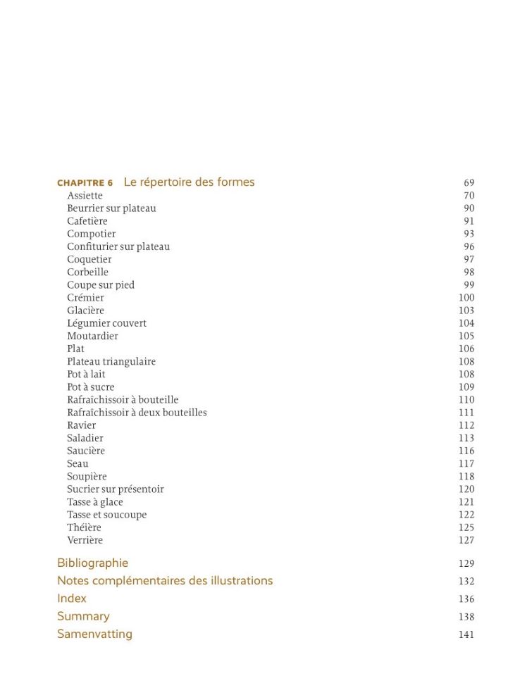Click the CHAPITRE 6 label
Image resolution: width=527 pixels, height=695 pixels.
(85, 183)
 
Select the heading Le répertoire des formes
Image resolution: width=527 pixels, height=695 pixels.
(189, 182)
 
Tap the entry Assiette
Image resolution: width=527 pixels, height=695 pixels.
(85, 196)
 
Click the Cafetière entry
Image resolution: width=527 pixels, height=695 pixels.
(87, 221)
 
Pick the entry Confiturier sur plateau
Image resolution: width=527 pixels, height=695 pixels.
(118, 246)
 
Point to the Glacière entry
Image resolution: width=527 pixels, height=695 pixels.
(85, 311)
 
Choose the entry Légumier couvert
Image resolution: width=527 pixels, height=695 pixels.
(106, 323)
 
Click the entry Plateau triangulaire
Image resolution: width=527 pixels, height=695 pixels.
(111, 362)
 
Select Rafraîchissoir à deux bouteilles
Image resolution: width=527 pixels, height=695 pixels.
(137, 413)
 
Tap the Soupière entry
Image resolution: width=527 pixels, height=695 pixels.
(87, 477)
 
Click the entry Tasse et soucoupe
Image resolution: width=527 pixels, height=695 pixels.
(106, 515)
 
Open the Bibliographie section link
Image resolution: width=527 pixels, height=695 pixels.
(92, 563)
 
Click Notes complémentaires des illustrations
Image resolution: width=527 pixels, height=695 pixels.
(165, 581)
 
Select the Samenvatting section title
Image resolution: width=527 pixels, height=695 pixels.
(94, 634)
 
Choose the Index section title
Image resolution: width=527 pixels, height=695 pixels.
(72, 599)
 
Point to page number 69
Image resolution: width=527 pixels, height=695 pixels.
(469, 183)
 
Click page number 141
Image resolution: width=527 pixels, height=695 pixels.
(466, 634)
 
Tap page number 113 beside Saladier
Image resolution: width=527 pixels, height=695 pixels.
(466, 438)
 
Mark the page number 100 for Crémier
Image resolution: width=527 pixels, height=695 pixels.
(466, 298)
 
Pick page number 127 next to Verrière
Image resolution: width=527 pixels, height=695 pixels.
(466, 541)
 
